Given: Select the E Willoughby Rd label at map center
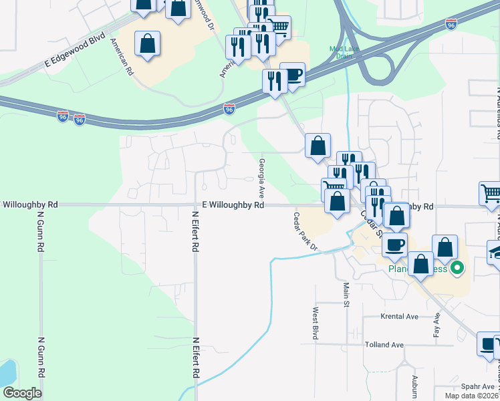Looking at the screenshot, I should point(230,206).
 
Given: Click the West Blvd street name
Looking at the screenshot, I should point(314,323).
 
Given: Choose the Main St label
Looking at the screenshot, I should point(347,295).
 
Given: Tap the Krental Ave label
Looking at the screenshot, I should point(399,316).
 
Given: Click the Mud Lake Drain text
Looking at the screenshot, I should point(341,51).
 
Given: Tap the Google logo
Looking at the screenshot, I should point(22,393).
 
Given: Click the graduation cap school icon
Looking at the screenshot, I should point(495,253).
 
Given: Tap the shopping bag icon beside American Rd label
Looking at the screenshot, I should point(148,44).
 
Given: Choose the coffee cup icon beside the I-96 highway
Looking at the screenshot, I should point(292,75).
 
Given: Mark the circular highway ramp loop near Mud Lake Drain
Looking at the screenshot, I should point(378,67).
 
